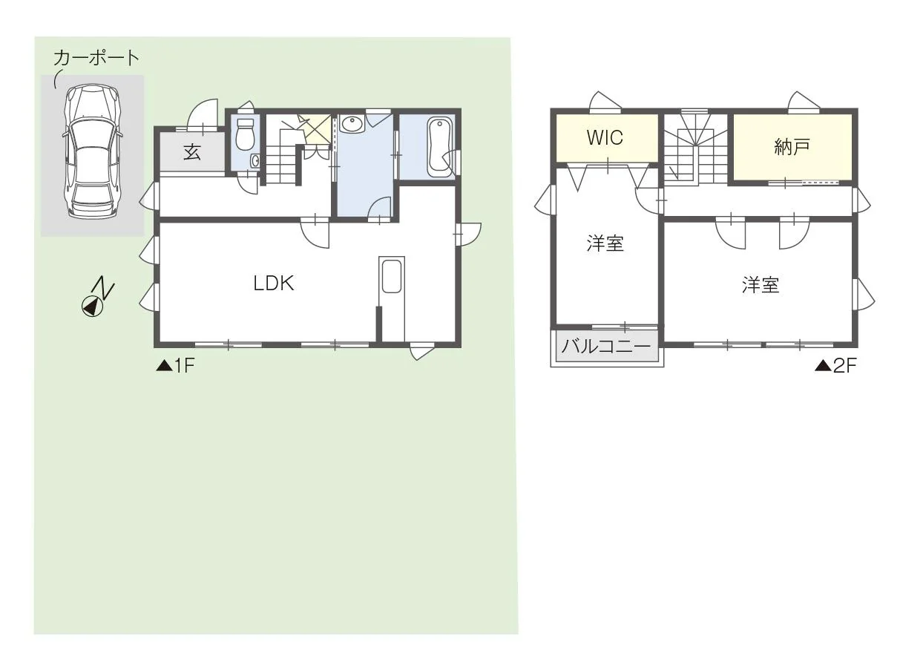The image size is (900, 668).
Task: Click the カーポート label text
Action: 96,58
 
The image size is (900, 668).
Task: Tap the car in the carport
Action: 93,151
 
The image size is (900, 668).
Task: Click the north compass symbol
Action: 98,297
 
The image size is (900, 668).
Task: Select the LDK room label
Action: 274,283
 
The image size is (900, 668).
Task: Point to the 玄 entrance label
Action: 192,152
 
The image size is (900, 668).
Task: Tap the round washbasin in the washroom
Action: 351,124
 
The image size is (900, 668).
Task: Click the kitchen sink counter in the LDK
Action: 392,298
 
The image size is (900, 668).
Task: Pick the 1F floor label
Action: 176,366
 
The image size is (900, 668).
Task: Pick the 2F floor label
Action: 836,366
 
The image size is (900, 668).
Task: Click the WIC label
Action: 605,137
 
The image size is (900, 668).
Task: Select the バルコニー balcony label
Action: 606,347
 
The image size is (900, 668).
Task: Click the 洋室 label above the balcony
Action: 605,243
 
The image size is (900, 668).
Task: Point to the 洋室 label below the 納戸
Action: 761,285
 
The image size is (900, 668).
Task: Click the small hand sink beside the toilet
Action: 255,161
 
